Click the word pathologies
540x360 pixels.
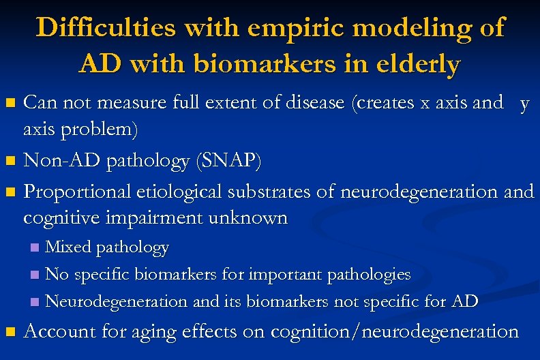(x=369, y=274)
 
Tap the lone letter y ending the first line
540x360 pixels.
(x=524, y=104)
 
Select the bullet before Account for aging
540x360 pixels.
(x=10, y=333)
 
